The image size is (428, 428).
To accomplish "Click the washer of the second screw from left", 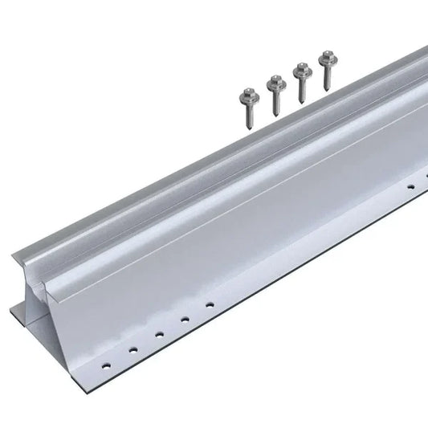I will click(x=271, y=86).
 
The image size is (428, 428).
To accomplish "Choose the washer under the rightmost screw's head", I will click(x=326, y=61).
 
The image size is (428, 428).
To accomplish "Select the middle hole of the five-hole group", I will click(x=159, y=333).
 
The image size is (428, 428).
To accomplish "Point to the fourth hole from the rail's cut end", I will click(x=184, y=319).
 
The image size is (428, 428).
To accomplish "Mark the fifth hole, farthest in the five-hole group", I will click(x=208, y=305).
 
